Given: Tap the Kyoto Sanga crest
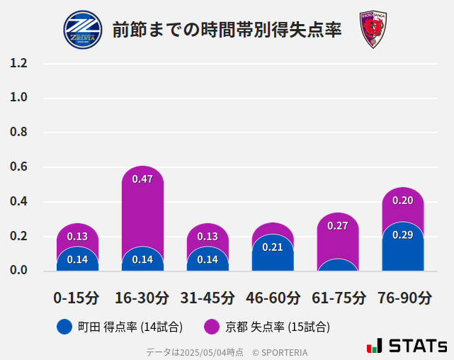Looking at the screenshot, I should [x=373, y=30].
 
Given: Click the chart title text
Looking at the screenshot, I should [x=227, y=30].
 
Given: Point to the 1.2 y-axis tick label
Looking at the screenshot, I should [x=19, y=63].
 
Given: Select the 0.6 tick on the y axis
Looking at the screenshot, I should [x=19, y=167].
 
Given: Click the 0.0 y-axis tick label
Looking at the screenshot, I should [x=19, y=270].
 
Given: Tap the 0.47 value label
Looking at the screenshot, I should [x=142, y=179].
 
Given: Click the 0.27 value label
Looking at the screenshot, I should [x=338, y=226].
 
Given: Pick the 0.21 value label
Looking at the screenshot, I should [x=273, y=247].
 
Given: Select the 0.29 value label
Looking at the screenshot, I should [x=402, y=235].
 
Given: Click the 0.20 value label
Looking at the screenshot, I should [x=402, y=201].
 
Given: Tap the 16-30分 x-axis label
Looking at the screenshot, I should [x=142, y=298].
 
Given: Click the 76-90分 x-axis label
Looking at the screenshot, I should [x=403, y=298].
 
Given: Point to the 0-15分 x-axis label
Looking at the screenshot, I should [x=77, y=298].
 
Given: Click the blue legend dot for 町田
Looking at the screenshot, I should [x=64, y=327].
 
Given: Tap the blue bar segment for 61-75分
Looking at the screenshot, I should [x=338, y=266].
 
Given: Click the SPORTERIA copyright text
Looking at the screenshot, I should [x=280, y=351].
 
